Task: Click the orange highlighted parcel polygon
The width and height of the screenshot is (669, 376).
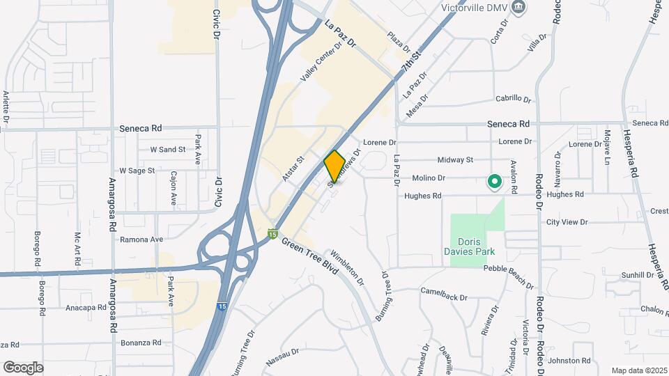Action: point(334,166)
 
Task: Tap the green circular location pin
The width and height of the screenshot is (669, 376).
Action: point(494,182)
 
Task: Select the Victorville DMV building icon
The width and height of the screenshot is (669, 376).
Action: point(518,8)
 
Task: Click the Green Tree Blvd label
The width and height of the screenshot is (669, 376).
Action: point(309,256)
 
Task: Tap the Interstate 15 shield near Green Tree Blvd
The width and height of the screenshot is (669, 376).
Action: point(273,233)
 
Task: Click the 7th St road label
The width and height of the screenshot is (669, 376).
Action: point(412,63)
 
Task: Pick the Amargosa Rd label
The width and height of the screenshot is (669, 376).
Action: point(111,205)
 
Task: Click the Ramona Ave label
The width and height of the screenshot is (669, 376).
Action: point(141,239)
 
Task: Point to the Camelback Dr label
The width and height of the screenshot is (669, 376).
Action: point(443,296)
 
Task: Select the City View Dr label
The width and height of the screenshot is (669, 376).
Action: point(567,222)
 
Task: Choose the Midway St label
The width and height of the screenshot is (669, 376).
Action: point(456,159)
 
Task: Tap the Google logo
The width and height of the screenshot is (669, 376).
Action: point(23,367)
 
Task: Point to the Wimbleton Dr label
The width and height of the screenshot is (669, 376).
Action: point(348,267)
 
